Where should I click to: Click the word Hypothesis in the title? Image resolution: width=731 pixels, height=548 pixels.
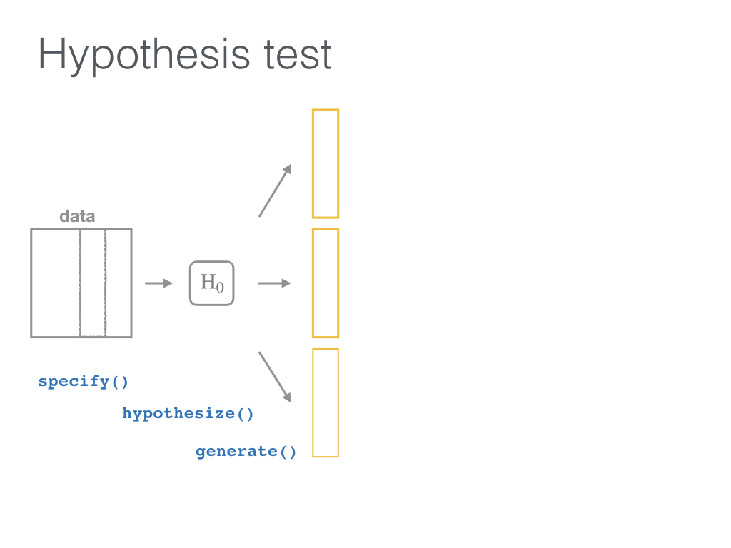(143, 56)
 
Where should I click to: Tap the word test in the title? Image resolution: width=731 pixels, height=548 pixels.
(298, 55)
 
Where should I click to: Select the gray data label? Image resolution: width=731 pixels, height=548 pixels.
(77, 216)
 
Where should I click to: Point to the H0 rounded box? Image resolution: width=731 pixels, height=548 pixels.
(190, 283)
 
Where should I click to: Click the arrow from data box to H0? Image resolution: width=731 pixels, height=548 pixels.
(158, 283)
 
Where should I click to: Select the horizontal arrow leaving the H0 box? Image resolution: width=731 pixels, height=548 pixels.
(274, 283)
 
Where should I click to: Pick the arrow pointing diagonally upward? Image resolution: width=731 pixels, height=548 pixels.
(275, 191)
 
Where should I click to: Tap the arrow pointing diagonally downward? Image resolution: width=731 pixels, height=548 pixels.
(275, 377)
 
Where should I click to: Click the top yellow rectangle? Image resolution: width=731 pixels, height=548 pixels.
(313, 163)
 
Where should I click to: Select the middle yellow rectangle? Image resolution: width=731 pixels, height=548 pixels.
(313, 283)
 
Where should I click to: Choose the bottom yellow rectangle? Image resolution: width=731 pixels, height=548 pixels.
(313, 403)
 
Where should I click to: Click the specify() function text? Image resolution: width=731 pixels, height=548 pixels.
(83, 382)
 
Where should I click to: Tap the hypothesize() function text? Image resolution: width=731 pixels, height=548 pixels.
(188, 414)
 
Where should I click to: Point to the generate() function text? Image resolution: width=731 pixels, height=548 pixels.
(246, 452)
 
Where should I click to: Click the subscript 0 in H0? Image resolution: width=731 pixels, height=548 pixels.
(220, 287)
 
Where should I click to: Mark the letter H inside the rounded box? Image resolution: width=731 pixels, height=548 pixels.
(208, 281)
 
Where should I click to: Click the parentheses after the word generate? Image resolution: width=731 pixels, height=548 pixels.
(288, 452)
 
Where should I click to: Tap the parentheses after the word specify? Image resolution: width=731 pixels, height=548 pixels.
(120, 382)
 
